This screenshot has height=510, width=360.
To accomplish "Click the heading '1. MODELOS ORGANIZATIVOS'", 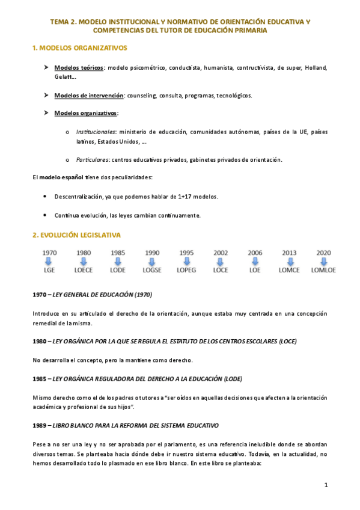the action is click(79, 48).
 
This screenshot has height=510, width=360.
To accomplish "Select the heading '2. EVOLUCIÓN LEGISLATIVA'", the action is click(76, 234).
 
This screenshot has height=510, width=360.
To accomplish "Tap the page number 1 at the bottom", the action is click(326, 485).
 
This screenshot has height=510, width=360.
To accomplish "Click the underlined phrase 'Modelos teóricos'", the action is click(78, 67).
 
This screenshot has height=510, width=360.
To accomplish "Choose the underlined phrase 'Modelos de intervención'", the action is click(88, 96).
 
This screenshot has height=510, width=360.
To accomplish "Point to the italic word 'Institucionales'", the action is click(96, 131).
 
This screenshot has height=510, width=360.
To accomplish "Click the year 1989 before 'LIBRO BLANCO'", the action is click(39, 425).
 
